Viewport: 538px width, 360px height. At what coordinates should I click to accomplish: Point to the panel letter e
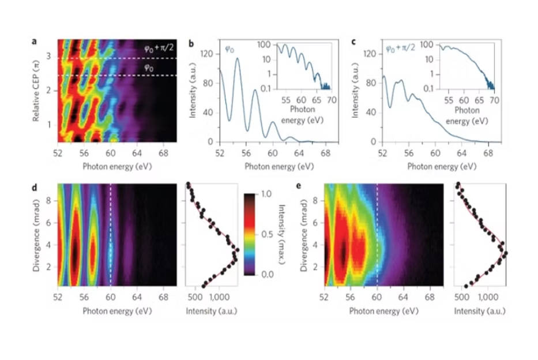click(x=297, y=187)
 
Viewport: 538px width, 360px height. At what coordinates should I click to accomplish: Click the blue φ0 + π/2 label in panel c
click(x=402, y=50)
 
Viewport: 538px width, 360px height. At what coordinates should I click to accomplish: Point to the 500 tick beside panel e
click(x=462, y=299)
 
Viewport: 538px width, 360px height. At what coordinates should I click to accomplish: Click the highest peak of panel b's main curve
click(x=237, y=58)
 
